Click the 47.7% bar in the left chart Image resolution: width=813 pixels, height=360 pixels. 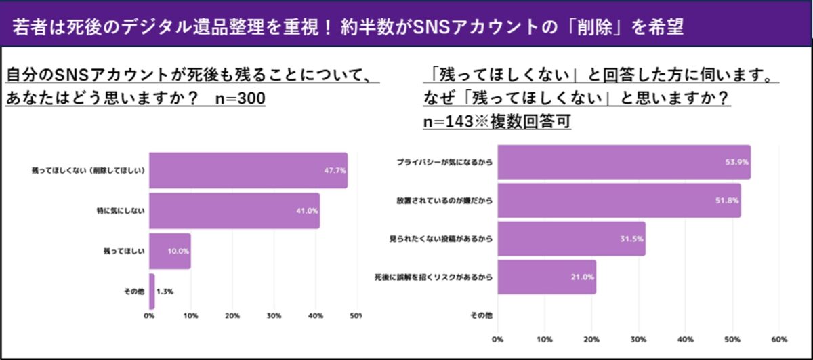click(x=248, y=169)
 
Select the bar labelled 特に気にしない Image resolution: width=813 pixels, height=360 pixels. click(x=234, y=210)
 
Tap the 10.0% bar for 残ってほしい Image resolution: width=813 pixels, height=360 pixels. click(x=170, y=250)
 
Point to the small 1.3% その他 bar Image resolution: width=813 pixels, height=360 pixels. click(x=152, y=291)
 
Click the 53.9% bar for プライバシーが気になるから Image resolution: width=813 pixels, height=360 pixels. click(x=623, y=163)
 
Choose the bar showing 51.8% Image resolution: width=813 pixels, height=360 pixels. click(x=619, y=201)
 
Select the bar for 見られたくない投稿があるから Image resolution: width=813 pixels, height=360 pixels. click(x=571, y=239)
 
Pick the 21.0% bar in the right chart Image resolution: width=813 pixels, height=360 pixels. click(x=547, y=277)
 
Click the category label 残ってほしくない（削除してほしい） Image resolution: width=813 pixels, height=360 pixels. click(x=89, y=169)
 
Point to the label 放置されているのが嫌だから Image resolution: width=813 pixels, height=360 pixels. click(x=444, y=201)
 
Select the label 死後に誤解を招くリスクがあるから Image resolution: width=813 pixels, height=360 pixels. click(x=433, y=277)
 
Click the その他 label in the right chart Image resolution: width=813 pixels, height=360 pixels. click(x=481, y=315)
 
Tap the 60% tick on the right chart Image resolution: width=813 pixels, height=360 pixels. click(x=778, y=339)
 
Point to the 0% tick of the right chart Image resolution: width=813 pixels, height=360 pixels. click(x=498, y=339)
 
